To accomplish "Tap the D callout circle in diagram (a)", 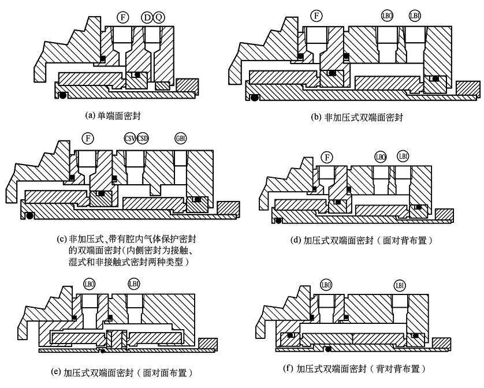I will (147, 17).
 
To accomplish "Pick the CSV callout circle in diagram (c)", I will (130, 138).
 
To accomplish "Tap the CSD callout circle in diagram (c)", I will (142, 138).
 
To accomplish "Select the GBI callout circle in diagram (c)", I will (180, 138).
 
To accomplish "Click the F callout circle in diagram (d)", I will (328, 157).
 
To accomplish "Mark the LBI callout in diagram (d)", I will (403, 156).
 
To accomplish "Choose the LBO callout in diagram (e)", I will (90, 283).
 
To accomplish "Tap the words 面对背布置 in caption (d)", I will (404, 240).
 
